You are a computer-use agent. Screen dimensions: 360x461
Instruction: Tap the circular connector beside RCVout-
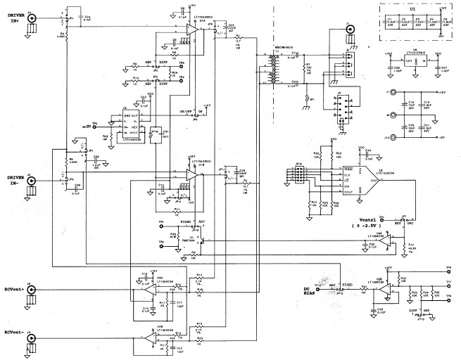pos(31,344)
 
